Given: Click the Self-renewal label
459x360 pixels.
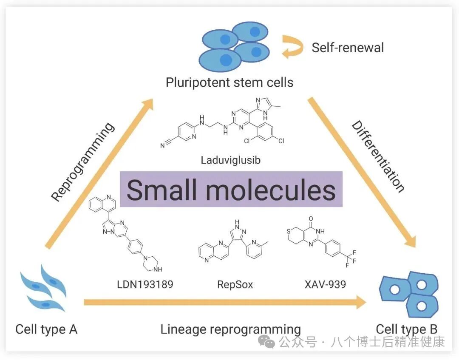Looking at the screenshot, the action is click(x=348, y=48).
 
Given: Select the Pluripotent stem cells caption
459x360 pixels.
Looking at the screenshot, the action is click(x=229, y=82).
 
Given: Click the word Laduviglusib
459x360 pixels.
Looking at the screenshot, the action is click(x=231, y=160).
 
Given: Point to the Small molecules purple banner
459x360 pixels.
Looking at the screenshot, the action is click(x=231, y=189).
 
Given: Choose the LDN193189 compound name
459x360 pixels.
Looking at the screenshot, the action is click(x=145, y=284).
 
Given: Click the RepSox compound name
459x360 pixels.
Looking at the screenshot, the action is click(x=235, y=284).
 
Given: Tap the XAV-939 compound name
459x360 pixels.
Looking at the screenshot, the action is click(x=325, y=284).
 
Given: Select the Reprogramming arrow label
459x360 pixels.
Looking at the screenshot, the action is click(x=82, y=162).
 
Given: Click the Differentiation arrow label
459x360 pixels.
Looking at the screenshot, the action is click(x=378, y=156).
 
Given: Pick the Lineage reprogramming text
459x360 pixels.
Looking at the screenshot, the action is click(x=231, y=329).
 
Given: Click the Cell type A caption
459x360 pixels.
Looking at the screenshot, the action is click(x=46, y=329).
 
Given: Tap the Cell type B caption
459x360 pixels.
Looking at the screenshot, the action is click(x=407, y=329).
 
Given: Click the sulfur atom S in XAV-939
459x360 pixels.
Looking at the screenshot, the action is click(x=288, y=232).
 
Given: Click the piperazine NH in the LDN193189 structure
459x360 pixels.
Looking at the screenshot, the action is click(x=158, y=269).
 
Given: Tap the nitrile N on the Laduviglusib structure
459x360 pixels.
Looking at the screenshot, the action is click(x=162, y=145).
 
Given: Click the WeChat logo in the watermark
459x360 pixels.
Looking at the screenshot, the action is click(x=266, y=342).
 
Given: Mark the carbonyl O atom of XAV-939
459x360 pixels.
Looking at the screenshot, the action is click(x=311, y=218).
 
